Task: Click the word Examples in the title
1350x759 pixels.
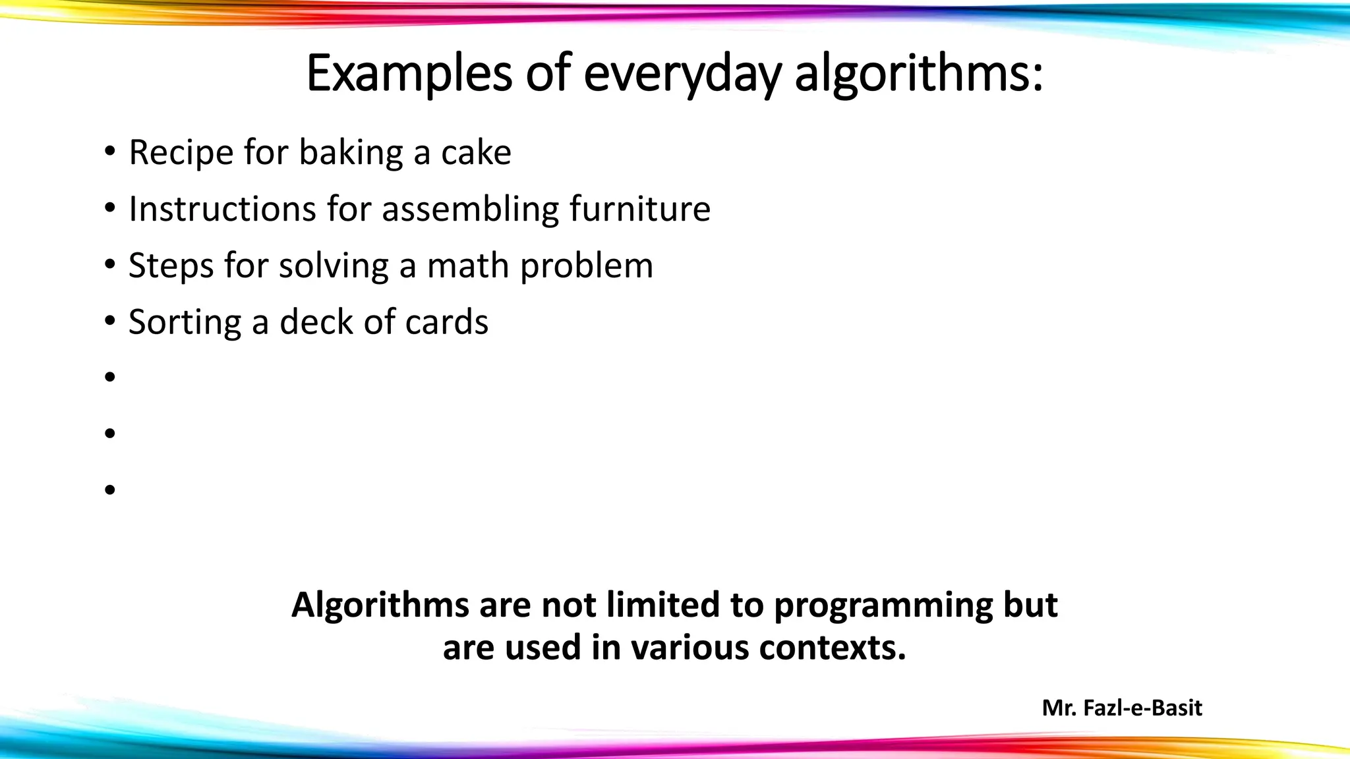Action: click(409, 74)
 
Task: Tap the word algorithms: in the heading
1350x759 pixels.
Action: click(918, 74)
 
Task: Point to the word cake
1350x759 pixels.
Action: click(476, 153)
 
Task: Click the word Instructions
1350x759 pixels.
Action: click(222, 210)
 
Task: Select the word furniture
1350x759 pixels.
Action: click(640, 210)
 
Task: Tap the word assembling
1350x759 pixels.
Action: click(470, 210)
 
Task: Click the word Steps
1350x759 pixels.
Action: click(171, 266)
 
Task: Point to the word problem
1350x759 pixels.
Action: click(586, 266)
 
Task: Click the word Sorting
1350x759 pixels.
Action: click(185, 323)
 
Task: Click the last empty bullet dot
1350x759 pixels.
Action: click(109, 490)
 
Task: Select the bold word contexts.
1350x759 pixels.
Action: click(833, 648)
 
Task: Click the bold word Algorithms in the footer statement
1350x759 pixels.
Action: click(380, 605)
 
